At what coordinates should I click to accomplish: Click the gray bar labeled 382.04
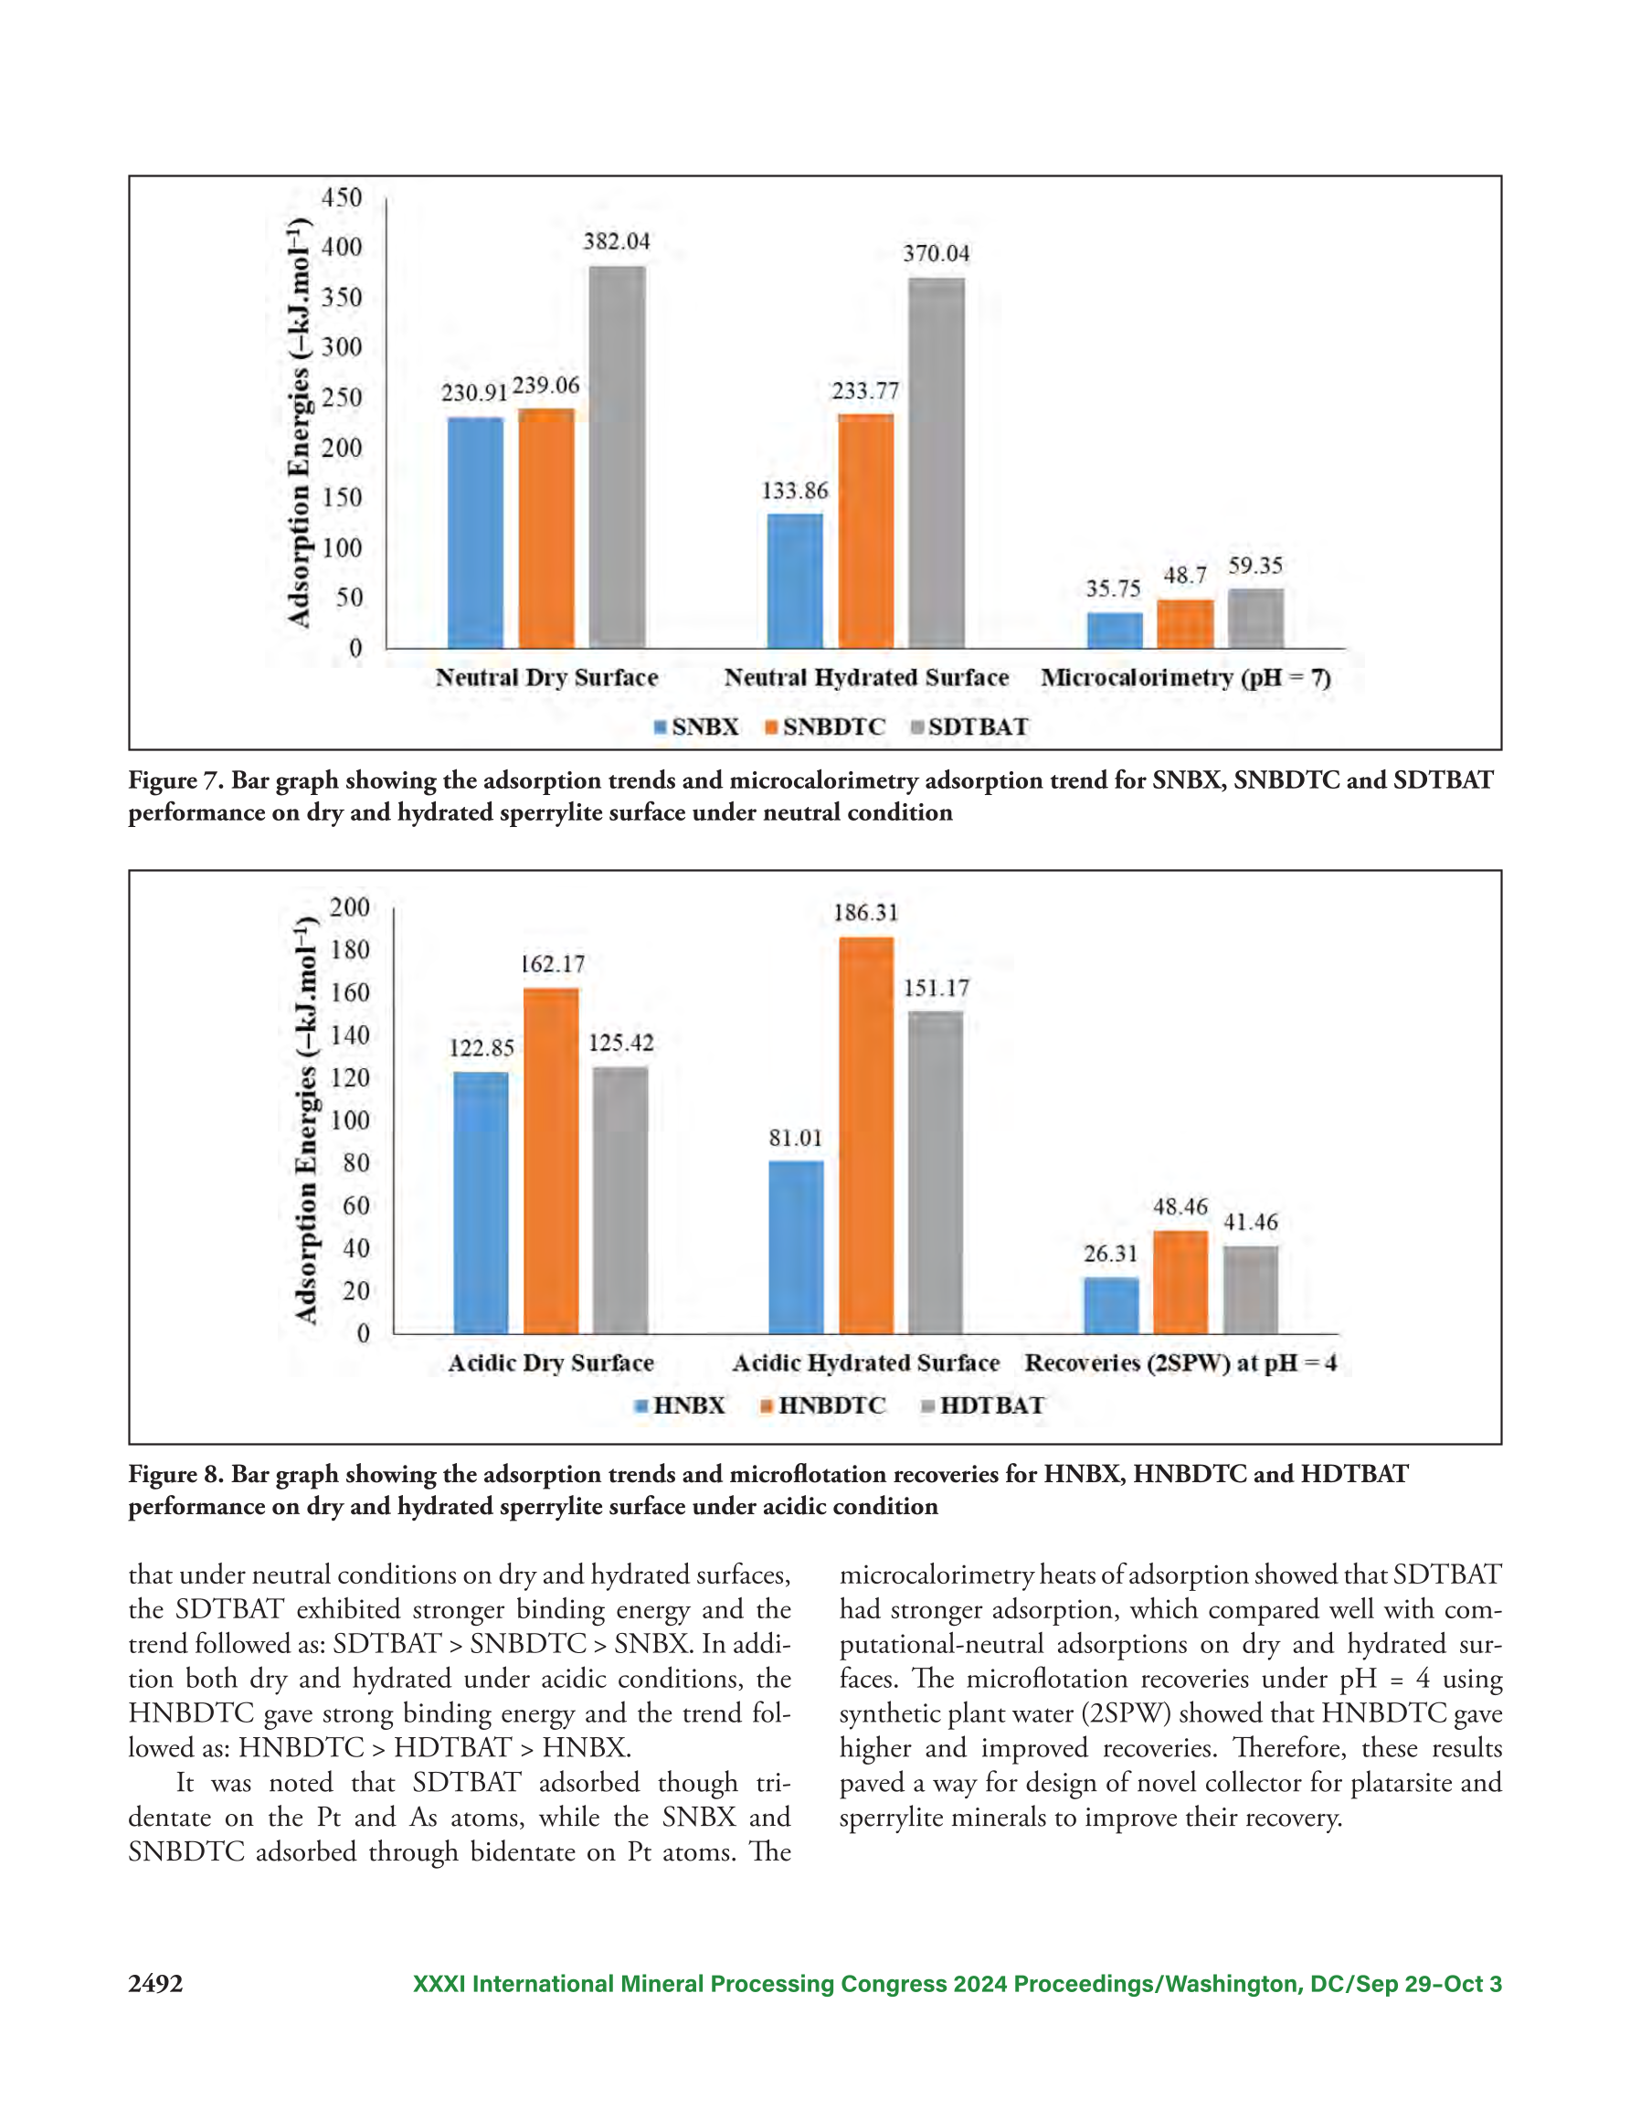(618, 456)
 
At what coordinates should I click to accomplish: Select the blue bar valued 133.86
(795, 580)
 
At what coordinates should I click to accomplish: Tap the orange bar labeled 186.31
(866, 1135)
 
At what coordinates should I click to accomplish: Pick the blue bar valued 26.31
(1111, 1305)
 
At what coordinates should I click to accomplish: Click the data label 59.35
(1255, 565)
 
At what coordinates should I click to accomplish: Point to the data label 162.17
(553, 963)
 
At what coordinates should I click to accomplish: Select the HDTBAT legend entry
(982, 1405)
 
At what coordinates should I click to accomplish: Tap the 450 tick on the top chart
(342, 197)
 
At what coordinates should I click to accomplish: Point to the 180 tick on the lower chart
(350, 949)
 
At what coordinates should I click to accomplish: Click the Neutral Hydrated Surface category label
(866, 677)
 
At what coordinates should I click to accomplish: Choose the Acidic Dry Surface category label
(551, 1362)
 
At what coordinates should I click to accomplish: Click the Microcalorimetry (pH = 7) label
(1186, 677)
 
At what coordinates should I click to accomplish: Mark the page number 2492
(155, 1984)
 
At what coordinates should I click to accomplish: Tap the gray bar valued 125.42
(620, 1201)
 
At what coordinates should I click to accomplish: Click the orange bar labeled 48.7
(1186, 623)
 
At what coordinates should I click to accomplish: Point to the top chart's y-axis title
(300, 423)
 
